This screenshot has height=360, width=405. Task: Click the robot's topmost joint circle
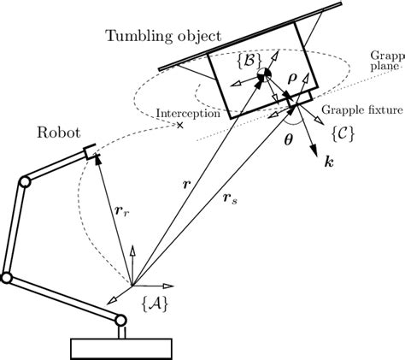click(26, 182)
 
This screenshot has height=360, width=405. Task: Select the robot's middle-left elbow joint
click(6, 278)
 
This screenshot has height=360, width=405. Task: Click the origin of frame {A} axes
click(132, 284)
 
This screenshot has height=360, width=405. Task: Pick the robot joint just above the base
click(121, 322)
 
